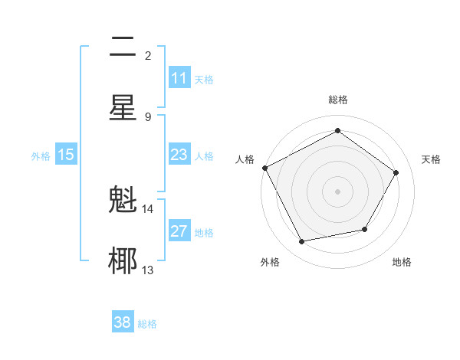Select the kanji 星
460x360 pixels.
[123, 106]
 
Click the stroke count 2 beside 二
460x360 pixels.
[148, 56]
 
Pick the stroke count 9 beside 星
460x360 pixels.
[148, 116]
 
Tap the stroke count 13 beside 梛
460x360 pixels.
[148, 270]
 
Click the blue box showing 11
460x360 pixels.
[179, 78]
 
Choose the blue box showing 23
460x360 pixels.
[179, 155]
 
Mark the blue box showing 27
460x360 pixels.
[179, 232]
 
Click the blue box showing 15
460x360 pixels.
[66, 155]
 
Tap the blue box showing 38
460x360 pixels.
[123, 322]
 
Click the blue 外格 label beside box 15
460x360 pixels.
[41, 155]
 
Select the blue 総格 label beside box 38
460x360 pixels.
[148, 323]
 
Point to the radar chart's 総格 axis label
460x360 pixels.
[337, 100]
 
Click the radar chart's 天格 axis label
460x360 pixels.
[431, 159]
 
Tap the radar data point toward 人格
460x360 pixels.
[265, 168]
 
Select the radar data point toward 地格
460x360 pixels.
[365, 229]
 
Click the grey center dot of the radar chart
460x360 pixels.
[337, 191]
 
